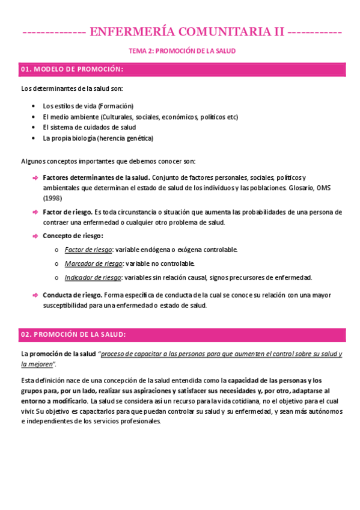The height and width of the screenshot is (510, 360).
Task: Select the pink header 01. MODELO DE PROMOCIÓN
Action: pos(72,69)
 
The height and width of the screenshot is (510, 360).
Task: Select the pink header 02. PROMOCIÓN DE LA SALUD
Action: pos(73,334)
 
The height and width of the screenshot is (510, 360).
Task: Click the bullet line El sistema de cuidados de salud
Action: pos(89,127)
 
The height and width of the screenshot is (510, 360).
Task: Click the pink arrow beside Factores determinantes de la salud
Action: pos(34,177)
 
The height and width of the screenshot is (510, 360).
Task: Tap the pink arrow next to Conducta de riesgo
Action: pos(34,295)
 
